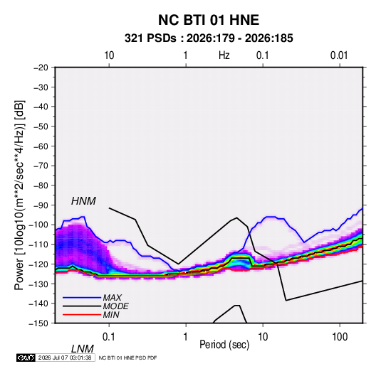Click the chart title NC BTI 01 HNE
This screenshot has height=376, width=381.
click(209, 20)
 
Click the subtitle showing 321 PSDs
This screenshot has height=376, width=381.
click(209, 38)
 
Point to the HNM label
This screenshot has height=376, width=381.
click(83, 201)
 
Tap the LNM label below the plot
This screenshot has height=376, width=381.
click(83, 349)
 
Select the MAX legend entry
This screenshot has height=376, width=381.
click(112, 297)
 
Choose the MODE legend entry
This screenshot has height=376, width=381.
click(115, 306)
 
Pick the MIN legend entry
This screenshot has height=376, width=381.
click(111, 315)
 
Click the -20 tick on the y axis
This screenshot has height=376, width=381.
click(41, 68)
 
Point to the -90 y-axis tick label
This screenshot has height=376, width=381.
click(41, 205)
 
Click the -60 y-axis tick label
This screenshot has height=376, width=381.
click(41, 146)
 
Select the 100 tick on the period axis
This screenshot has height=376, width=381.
click(340, 337)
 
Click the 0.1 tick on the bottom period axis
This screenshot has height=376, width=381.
click(109, 337)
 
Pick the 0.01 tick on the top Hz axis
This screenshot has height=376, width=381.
click(339, 55)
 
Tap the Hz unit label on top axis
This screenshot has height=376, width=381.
click(224, 55)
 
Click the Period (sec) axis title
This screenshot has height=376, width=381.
click(224, 345)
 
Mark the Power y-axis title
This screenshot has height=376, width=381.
click(19, 195)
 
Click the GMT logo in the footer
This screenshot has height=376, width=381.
click(26, 358)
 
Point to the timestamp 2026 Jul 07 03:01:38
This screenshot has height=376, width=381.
click(65, 358)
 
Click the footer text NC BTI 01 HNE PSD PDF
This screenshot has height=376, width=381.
click(127, 358)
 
